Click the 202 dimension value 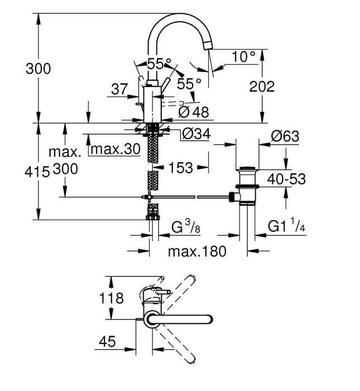click(262, 87)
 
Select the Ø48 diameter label click(193, 112)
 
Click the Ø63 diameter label click(285, 136)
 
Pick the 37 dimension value click(119, 89)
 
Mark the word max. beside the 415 click(65, 151)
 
